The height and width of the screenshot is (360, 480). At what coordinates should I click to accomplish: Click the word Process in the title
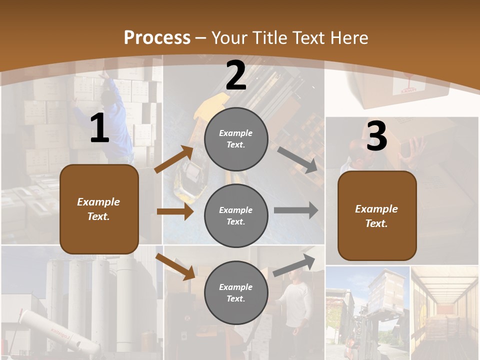157,38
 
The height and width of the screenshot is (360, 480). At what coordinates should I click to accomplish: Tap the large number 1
99,129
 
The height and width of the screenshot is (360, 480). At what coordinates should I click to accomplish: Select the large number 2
236,76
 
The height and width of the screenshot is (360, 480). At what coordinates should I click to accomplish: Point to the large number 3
376,136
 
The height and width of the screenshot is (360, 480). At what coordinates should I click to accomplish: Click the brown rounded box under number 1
99,209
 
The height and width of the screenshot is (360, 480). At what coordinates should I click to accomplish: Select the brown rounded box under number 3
377,216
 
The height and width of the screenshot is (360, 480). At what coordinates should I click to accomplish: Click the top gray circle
236,139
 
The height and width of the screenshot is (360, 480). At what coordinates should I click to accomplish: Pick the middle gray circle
236,215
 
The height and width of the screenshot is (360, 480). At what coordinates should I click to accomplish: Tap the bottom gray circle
236,292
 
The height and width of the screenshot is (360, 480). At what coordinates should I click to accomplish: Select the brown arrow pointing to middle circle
175,211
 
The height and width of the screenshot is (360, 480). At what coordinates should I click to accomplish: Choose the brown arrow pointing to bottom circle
175,266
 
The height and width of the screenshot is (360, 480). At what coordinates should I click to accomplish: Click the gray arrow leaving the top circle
297,160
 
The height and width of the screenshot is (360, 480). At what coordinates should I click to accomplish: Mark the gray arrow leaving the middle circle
296,210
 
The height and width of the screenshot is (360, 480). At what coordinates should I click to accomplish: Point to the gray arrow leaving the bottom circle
294,265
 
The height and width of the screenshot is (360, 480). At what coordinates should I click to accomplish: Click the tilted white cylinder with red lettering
55,332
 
